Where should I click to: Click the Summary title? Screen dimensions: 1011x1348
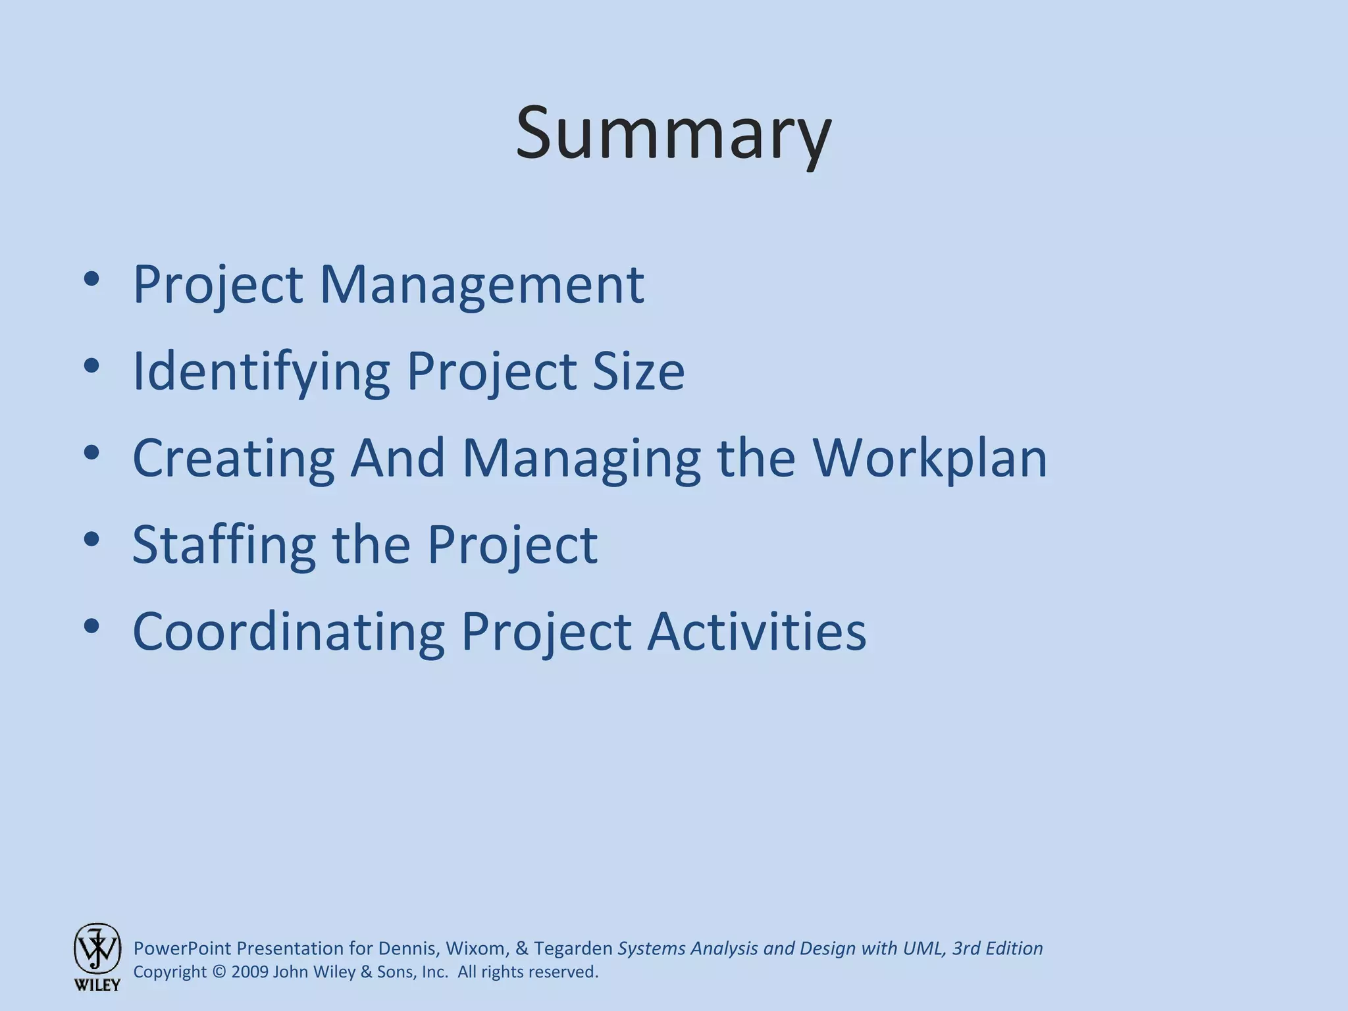673,134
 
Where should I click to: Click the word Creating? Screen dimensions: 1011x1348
234,459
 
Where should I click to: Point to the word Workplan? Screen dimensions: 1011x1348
929,457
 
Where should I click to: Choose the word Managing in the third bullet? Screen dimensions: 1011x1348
581,459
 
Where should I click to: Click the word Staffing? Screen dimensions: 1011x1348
224,546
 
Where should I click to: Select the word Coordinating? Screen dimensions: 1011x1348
288,631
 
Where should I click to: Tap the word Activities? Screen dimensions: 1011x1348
756,631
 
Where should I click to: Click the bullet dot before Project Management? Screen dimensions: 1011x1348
91,279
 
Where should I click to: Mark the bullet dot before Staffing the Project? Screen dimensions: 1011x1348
91,540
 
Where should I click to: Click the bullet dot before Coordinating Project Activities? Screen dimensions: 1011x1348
91,627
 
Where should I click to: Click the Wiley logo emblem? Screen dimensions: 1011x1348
97,948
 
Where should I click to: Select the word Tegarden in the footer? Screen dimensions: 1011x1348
573,948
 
